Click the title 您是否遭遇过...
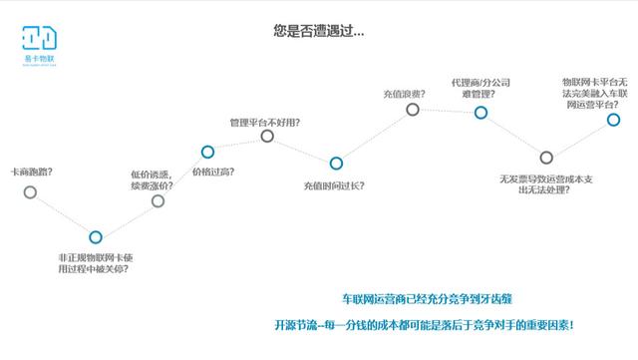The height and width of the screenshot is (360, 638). pos(318,31)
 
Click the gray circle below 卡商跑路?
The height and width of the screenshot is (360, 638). pos(30,191)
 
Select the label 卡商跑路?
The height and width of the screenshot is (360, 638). pos(30,172)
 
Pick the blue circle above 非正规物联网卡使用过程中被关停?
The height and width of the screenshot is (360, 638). pos(95,237)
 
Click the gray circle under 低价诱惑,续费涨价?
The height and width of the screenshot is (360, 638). pos(158,201)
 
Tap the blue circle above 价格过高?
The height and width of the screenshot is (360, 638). pos(207,152)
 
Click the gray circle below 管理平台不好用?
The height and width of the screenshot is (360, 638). pos(266,136)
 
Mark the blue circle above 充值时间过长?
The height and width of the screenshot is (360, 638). pos(336,163)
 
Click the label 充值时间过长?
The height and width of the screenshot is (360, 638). pos(333,185)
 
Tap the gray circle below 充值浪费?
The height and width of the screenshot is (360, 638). pos(412,110)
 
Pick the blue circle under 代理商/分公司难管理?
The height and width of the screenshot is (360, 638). pos(480,112)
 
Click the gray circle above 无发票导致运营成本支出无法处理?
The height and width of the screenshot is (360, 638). pos(545,157)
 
